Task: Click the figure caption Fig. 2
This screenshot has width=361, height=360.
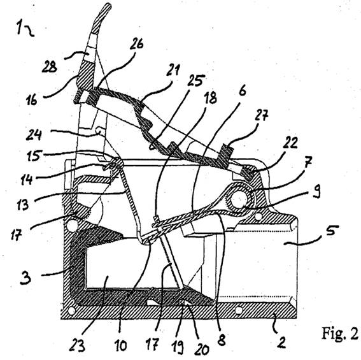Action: pyautogui.click(x=339, y=333)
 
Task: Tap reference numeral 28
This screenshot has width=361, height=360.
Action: pyautogui.click(x=50, y=68)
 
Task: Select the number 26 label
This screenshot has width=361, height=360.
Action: pyautogui.click(x=136, y=44)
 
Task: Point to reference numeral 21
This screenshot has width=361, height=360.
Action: pyautogui.click(x=173, y=69)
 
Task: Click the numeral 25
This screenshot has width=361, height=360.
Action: pyautogui.click(x=195, y=80)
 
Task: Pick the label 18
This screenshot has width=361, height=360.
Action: pyautogui.click(x=211, y=97)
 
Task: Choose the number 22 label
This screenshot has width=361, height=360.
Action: pyautogui.click(x=290, y=143)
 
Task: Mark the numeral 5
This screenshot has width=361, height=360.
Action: pyautogui.click(x=332, y=231)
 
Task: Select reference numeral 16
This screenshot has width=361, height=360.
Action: pyautogui.click(x=32, y=100)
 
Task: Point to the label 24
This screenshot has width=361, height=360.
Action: pyautogui.click(x=34, y=135)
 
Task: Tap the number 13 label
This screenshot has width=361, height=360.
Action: pyautogui.click(x=23, y=205)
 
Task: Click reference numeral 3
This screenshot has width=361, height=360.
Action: pyautogui.click(x=25, y=278)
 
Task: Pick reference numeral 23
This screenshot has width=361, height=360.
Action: pyautogui.click(x=76, y=346)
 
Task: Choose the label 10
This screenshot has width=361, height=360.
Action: pyautogui.click(x=120, y=345)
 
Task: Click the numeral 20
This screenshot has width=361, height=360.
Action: pyautogui.click(x=202, y=349)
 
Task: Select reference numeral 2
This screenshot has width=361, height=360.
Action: pyautogui.click(x=281, y=342)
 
